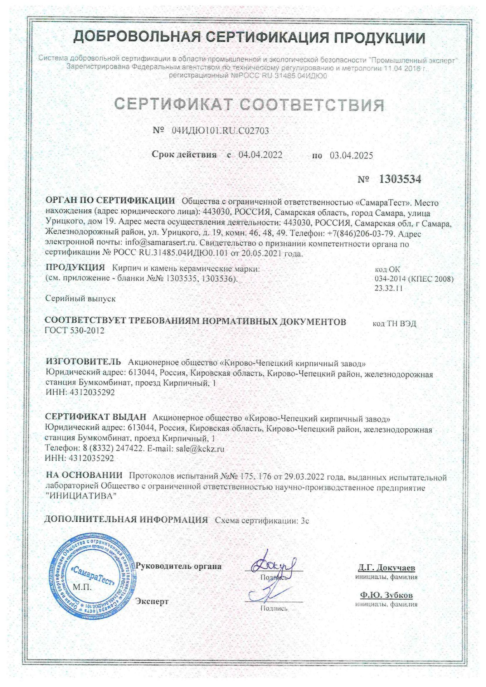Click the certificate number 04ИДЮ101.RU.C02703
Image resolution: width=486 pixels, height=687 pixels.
[220, 131]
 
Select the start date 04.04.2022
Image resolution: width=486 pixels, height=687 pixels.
[260, 155]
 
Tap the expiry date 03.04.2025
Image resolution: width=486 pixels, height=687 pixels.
[351, 156]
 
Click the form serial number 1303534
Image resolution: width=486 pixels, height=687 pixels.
[400, 179]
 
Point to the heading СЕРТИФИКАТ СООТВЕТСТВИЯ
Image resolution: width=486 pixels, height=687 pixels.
[249, 105]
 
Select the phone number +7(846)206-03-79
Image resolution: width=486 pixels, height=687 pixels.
[360, 234]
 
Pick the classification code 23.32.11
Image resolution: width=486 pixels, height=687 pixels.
[389, 288]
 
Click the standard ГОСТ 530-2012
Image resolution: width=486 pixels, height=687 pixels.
[74, 331]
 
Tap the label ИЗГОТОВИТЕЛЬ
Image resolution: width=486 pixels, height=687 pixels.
[83, 362]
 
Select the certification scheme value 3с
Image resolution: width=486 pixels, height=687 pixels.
[305, 521]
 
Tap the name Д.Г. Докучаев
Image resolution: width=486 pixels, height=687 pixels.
[386, 568]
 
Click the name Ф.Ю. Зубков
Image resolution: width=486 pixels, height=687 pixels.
[386, 595]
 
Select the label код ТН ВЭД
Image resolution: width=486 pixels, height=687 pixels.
[394, 324]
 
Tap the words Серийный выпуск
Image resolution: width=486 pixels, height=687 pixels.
[80, 298]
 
